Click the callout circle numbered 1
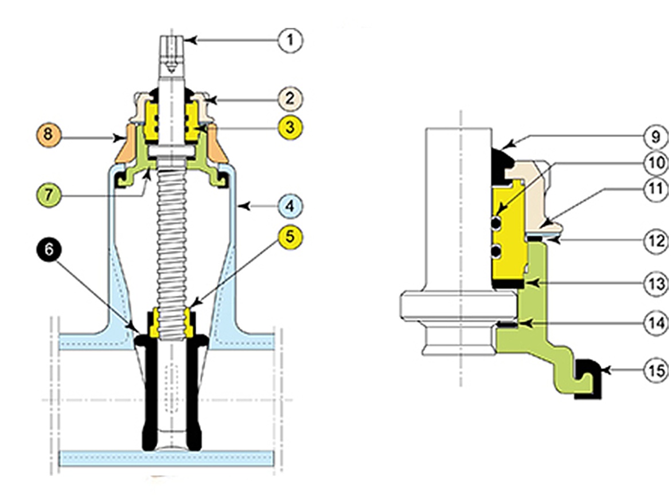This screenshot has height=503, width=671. pyautogui.click(x=291, y=41)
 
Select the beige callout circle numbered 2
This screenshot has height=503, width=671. pyautogui.click(x=291, y=98)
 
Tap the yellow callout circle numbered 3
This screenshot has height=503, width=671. pyautogui.click(x=291, y=127)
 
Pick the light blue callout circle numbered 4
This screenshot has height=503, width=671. pyautogui.click(x=291, y=206)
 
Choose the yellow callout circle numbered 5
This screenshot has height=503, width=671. pyautogui.click(x=291, y=236)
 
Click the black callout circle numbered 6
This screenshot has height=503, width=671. pyautogui.click(x=49, y=250)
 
